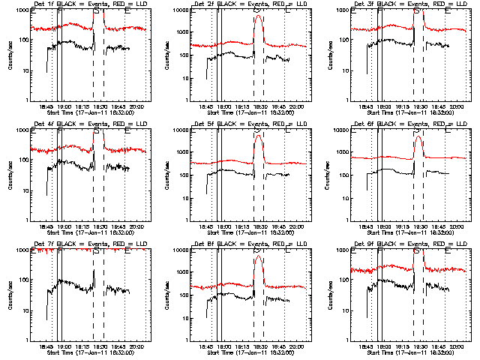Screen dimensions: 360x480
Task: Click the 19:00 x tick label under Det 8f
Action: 223,348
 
